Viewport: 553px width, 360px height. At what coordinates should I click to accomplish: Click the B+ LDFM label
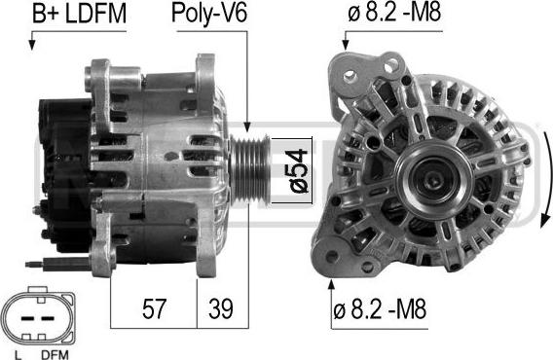[x=79, y=14]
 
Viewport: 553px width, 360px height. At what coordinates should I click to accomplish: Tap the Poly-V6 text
[x=209, y=14]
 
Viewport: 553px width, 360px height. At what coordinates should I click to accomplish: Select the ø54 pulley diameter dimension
[x=299, y=170]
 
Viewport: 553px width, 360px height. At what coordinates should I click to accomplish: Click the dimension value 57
[x=154, y=308]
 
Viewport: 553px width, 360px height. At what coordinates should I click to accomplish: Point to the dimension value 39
[x=221, y=308]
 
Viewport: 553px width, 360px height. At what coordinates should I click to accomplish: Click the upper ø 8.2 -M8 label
[x=394, y=13]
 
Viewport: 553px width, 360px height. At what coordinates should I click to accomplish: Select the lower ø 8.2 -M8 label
[x=380, y=308]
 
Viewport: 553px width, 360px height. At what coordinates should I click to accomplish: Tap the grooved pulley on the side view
[x=250, y=170]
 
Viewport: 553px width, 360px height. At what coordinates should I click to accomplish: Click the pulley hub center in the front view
[x=433, y=181]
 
